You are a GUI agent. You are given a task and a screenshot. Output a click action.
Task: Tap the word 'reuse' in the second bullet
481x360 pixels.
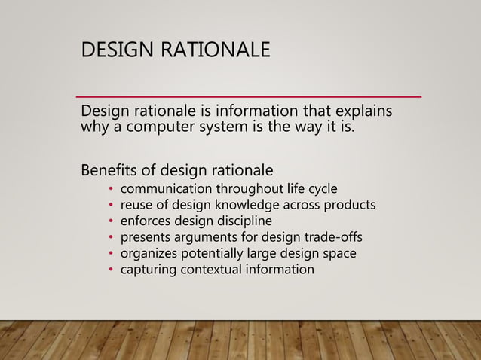(x=138, y=204)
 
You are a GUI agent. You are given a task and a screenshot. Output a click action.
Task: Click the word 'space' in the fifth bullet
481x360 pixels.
(x=339, y=253)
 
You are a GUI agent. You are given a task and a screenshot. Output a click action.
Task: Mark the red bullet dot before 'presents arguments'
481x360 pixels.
(x=110, y=238)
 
